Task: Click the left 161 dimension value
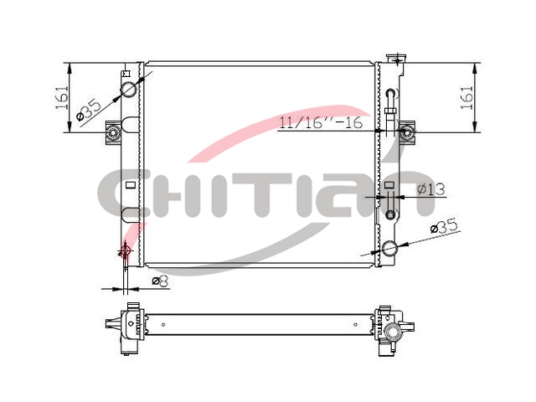pyautogui.click(x=62, y=98)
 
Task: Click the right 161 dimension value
pyautogui.click(x=466, y=98)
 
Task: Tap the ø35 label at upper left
pyautogui.click(x=90, y=110)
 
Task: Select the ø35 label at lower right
pyautogui.click(x=443, y=227)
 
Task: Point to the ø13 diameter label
pyautogui.click(x=431, y=189)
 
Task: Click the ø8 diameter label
pyautogui.click(x=161, y=281)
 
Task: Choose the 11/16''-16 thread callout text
pyautogui.click(x=321, y=123)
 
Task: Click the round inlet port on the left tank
pyautogui.click(x=129, y=90)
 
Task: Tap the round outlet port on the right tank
pyautogui.click(x=389, y=249)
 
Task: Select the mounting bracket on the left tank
pyautogui.click(x=113, y=132)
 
